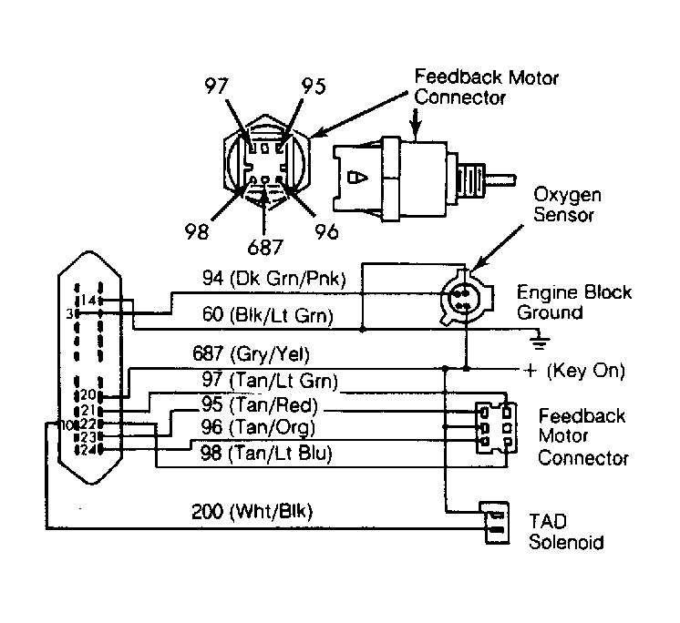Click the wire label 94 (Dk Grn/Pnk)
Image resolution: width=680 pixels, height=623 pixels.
(274, 278)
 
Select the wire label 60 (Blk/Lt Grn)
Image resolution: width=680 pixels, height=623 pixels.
(268, 315)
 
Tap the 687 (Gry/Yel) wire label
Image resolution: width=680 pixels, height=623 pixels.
(251, 354)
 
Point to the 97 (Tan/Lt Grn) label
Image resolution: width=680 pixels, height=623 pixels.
(270, 380)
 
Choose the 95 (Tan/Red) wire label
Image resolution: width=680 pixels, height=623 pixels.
(260, 404)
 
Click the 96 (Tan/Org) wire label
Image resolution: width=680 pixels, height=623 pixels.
(258, 427)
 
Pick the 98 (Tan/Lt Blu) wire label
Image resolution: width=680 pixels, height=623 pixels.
(266, 454)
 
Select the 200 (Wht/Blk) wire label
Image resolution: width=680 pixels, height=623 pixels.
(252, 512)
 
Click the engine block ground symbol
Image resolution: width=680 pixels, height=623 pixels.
(539, 341)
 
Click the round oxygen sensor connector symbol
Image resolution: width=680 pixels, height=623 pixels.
(466, 298)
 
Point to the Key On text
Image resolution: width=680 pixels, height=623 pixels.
(585, 371)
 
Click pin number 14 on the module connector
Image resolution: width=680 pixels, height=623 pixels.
(88, 300)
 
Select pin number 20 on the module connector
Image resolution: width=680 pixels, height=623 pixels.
(88, 394)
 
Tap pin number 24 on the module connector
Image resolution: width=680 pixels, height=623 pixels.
(88, 450)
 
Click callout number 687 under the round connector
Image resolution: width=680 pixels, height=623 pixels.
(265, 248)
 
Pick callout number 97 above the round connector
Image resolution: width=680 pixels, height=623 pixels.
(216, 86)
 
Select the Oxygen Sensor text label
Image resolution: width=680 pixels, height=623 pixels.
(567, 205)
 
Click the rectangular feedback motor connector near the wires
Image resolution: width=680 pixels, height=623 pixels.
(496, 428)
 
